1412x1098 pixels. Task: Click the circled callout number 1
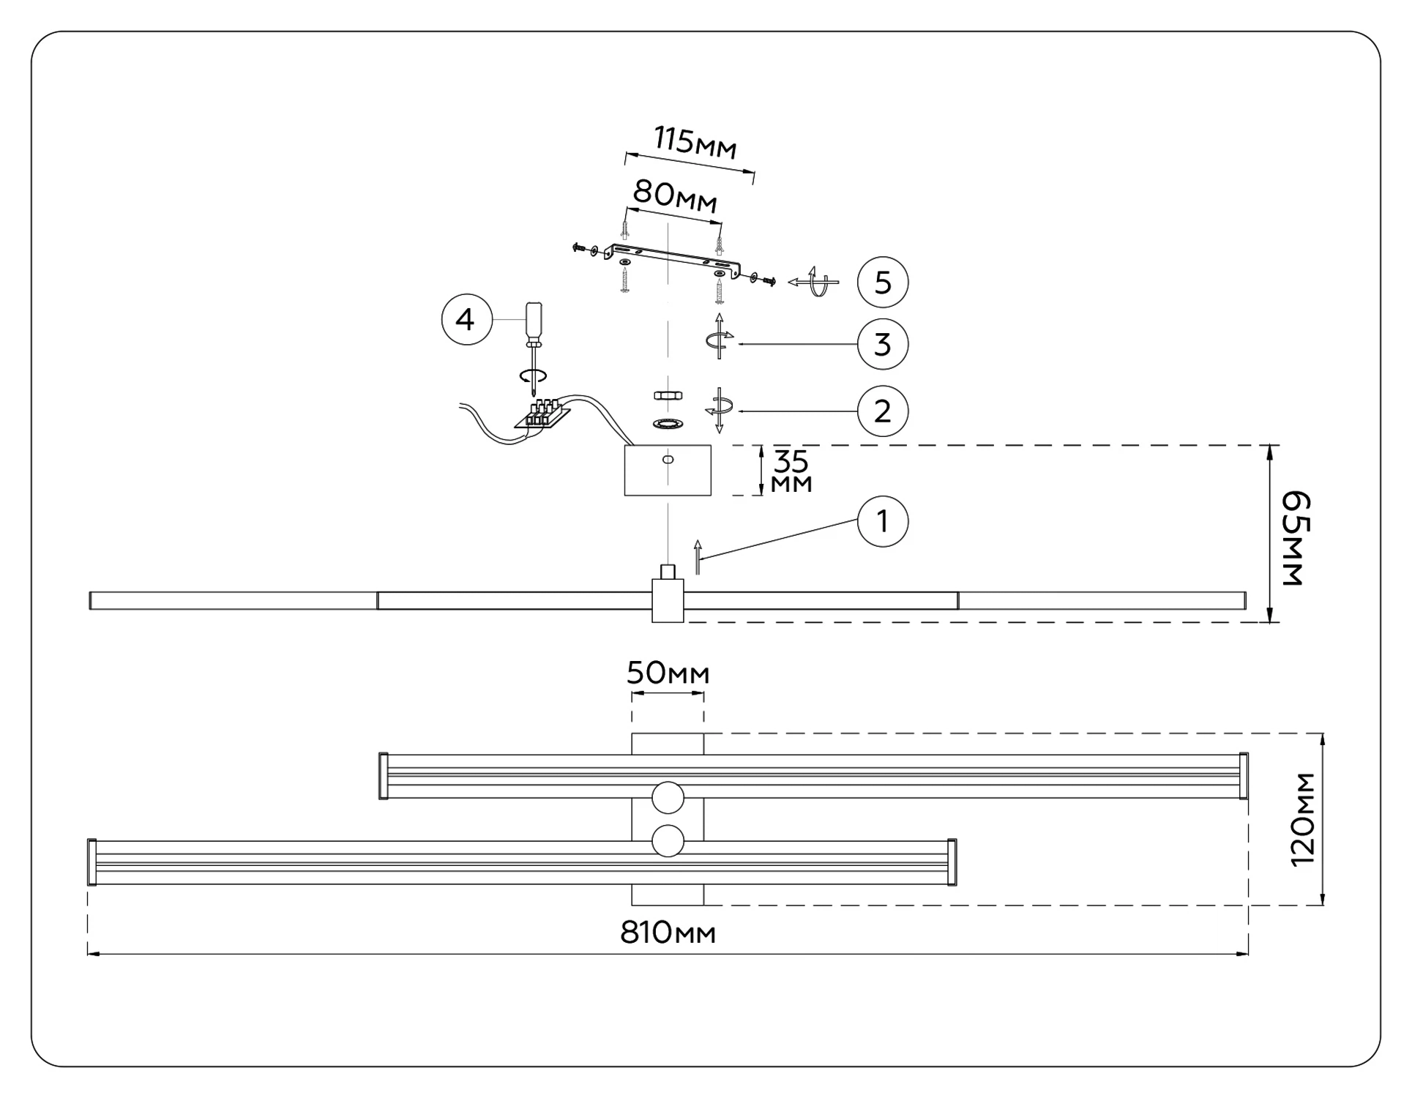882,522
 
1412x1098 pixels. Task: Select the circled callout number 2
882,411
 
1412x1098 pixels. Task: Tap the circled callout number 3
882,344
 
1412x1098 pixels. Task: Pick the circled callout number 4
466,320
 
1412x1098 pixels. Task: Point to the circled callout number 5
882,283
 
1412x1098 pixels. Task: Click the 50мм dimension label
668,673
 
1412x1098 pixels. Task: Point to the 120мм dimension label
1303,820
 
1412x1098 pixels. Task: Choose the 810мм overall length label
668,933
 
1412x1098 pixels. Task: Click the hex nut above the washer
668,395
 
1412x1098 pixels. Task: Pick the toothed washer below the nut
668,424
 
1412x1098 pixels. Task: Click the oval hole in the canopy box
668,460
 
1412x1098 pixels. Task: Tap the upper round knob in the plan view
668,797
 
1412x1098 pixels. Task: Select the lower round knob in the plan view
668,841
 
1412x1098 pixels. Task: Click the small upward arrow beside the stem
698,557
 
